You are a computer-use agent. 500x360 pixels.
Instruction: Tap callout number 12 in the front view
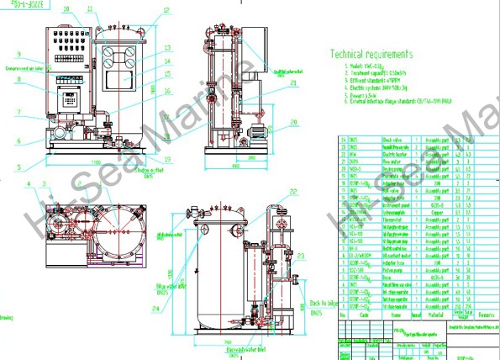tap(166, 10)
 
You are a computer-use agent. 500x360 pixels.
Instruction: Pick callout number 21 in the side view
tap(292, 84)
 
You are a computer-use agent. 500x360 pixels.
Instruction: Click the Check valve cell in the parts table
tap(393, 140)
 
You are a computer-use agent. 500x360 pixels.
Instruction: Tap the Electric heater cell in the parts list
tap(394, 155)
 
